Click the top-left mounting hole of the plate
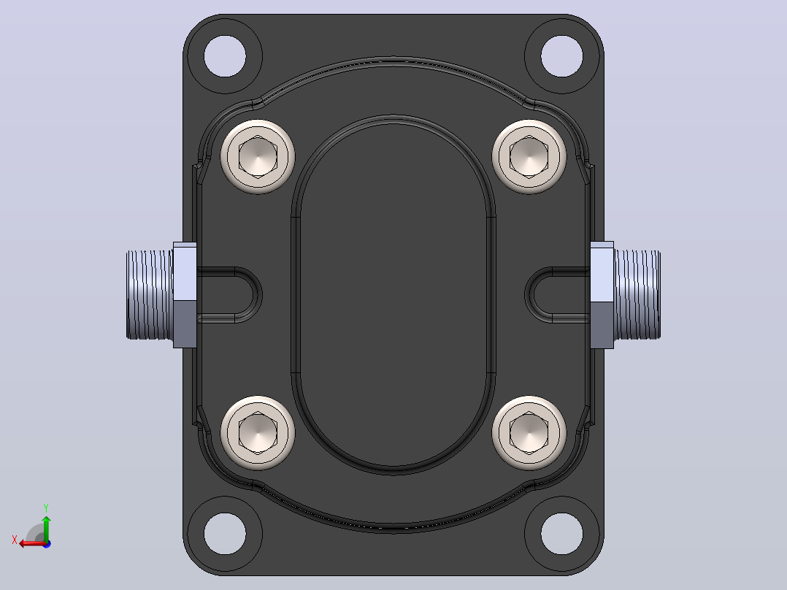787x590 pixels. (x=225, y=55)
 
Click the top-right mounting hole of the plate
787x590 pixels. (x=562, y=55)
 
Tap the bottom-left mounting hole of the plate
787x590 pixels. (x=225, y=533)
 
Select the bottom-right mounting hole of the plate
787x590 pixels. (x=562, y=533)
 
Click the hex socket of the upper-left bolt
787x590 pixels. (x=258, y=156)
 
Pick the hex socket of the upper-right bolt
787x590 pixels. (x=529, y=156)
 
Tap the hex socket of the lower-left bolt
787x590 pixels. (x=258, y=432)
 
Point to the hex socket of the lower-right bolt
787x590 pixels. (x=529, y=432)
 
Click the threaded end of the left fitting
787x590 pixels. (x=150, y=295)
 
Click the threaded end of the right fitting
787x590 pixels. (x=637, y=295)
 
